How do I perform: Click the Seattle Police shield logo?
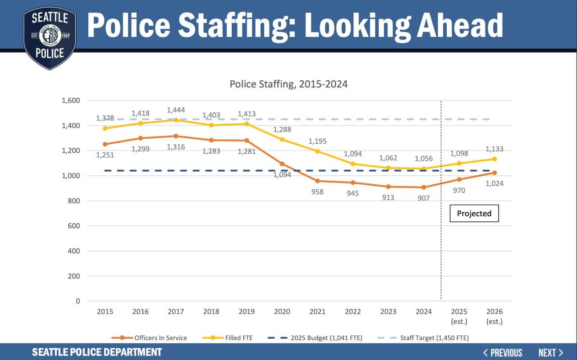tap(50, 38)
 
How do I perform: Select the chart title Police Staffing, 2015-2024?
tap(288, 84)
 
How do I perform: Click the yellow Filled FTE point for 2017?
tap(176, 120)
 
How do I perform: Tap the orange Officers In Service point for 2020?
tap(282, 164)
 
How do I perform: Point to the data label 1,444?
tap(176, 110)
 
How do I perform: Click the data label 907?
tap(423, 197)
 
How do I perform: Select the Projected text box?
tap(474, 214)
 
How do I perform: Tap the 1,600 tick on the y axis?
tap(71, 100)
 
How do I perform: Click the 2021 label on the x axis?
tap(317, 312)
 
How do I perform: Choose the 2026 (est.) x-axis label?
tap(494, 316)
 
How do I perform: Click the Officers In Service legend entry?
tap(153, 337)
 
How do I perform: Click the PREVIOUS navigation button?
tap(502, 352)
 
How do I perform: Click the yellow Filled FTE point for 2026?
tap(495, 159)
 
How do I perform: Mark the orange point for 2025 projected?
tap(459, 179)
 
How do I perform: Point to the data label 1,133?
tap(495, 149)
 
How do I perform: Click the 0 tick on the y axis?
tap(78, 301)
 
